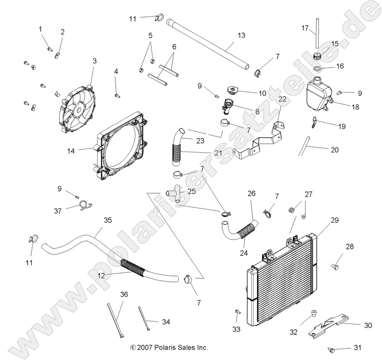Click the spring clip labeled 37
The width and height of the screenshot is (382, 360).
click(x=84, y=204)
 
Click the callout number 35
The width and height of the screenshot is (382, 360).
click(x=108, y=219)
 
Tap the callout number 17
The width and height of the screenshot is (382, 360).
click(x=305, y=28)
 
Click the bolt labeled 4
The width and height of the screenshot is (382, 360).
click(x=116, y=95)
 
